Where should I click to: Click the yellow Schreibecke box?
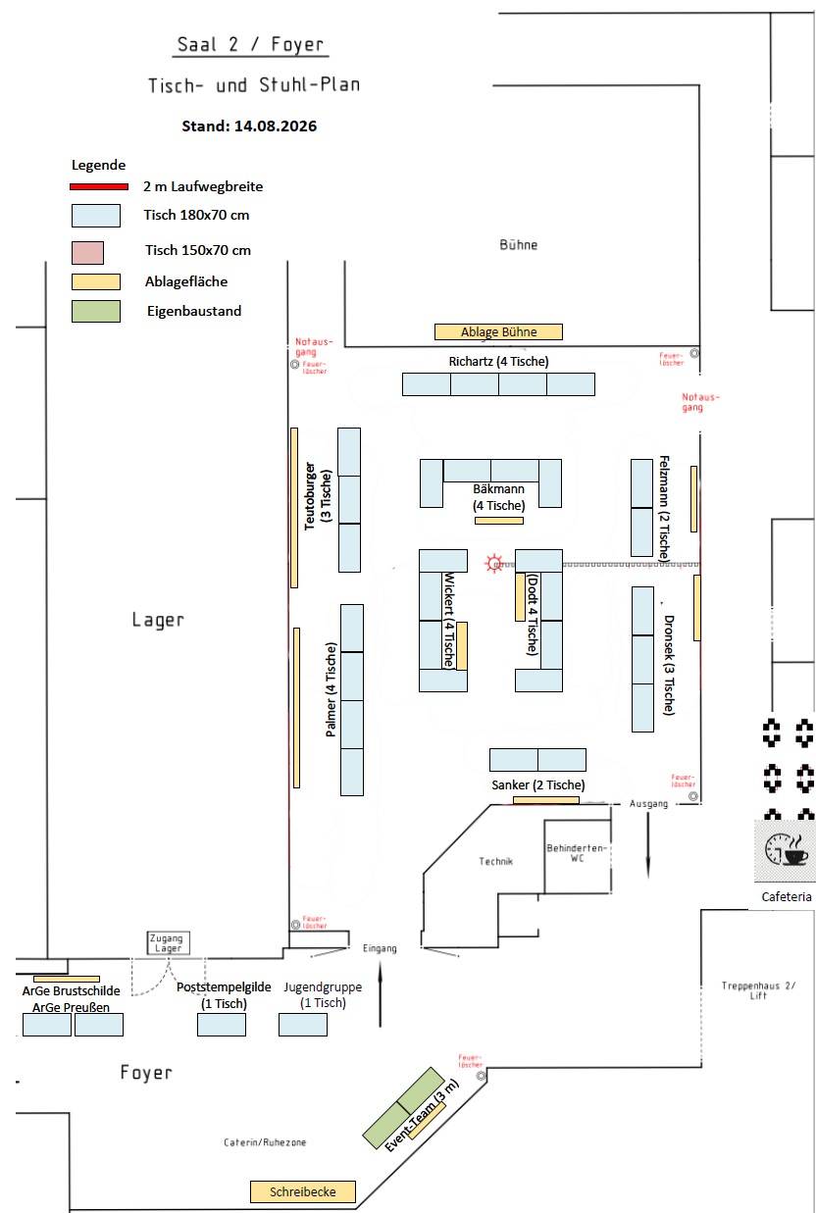pos(303,1191)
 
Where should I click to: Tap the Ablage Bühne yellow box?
pos(498,332)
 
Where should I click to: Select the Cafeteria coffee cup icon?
pos(787,849)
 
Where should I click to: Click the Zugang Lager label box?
pos(169,942)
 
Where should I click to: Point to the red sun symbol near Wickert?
pos(493,563)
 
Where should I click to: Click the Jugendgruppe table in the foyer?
pos(303,1025)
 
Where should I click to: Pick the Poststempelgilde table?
pos(222,1025)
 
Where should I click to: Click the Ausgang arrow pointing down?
pos(647,844)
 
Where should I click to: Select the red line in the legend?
pos(99,187)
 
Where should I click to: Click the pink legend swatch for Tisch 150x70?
pos(87,253)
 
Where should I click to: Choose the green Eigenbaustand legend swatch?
pos(96,312)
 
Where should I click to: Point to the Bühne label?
pos(518,245)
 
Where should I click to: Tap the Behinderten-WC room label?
pos(577,853)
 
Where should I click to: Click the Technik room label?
pos(495,861)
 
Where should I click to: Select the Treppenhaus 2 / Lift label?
pos(758,989)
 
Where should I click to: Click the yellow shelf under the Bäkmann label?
pos(499,521)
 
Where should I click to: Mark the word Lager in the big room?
pos(158,620)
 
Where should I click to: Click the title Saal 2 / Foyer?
pos(250,44)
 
